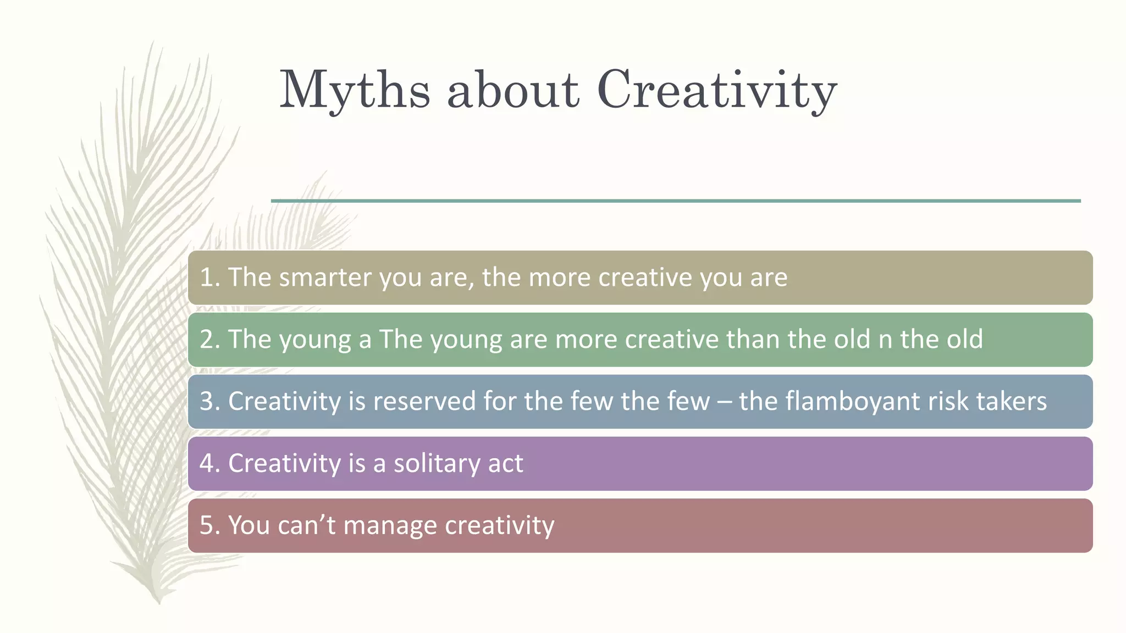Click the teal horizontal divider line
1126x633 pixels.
point(676,201)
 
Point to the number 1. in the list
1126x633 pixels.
point(209,277)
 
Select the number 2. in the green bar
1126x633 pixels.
point(209,340)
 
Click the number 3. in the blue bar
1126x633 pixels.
point(209,402)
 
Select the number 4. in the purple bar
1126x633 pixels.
point(209,464)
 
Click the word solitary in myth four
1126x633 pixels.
point(429,464)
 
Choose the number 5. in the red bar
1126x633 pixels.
point(209,526)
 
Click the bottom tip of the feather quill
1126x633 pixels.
point(159,602)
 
